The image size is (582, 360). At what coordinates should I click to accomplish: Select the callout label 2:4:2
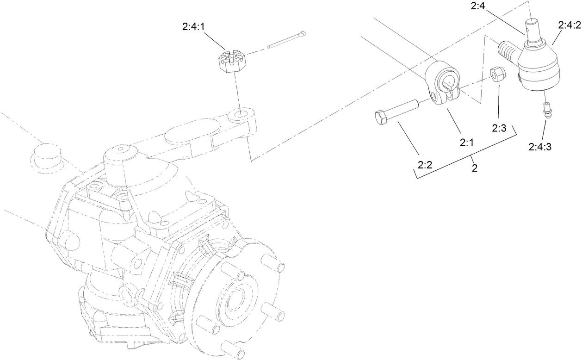569,25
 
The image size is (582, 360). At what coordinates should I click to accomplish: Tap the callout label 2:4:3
539,147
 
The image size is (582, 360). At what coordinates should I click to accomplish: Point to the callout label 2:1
466,143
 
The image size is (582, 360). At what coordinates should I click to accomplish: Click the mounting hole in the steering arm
239,113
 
